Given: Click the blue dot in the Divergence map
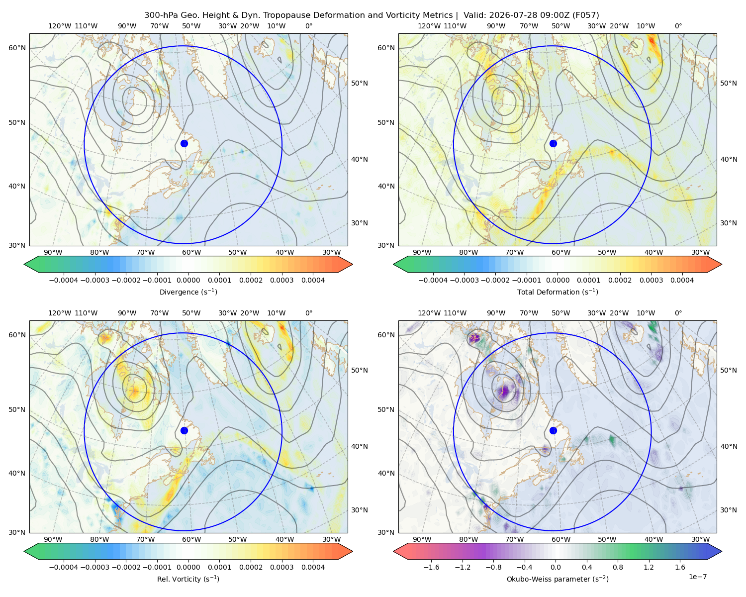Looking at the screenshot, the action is point(184,144).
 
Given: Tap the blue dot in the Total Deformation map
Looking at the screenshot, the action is point(553,144).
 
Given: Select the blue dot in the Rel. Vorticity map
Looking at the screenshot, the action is point(184,430).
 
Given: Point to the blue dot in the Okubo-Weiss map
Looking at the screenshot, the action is point(553,430).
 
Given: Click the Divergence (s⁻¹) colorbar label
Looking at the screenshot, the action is point(188,292).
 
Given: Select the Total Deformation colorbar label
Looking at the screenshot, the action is point(558,292).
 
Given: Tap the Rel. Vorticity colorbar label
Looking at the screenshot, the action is point(188,579).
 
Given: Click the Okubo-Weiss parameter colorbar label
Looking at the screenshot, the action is point(558,579).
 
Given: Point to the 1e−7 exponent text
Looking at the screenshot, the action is point(697,577).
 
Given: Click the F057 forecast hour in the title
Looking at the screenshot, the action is point(585,15).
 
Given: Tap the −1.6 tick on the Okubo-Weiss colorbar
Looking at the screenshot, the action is point(431,567).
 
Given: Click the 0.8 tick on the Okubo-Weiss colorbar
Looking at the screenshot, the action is point(618,567).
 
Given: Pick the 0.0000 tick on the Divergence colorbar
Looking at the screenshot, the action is point(188,280).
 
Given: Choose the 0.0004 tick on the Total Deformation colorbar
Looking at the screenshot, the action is point(682,280).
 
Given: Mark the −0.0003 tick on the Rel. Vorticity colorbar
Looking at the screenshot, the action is point(94,567).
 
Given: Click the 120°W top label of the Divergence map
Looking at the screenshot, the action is point(60,26).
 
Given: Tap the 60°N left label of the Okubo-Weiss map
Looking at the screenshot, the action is point(386,335).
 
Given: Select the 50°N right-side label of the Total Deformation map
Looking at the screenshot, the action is point(728,83).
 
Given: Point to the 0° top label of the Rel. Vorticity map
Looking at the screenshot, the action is point(309,313).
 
